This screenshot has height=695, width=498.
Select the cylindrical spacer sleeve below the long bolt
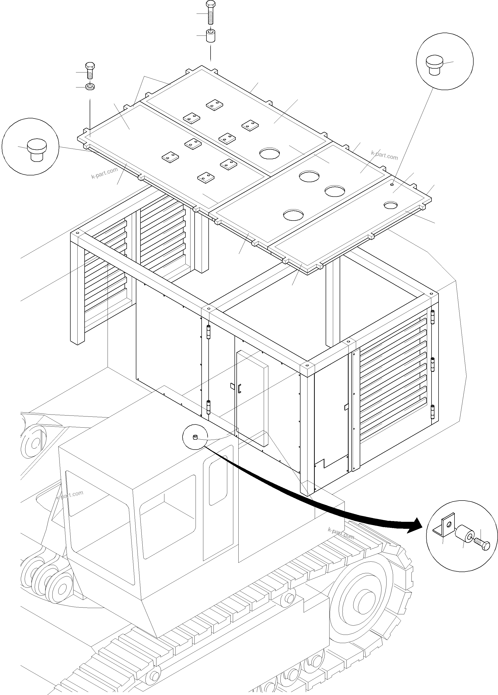pyautogui.click(x=210, y=36)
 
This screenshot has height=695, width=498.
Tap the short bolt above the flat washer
pyautogui.click(x=90, y=71)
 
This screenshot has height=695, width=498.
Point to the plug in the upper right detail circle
pyautogui.click(x=434, y=64)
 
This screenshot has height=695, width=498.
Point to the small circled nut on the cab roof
pyautogui.click(x=194, y=437)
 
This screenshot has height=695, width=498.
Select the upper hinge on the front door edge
pyautogui.click(x=209, y=332)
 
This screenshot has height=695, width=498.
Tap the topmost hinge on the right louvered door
pyautogui.click(x=433, y=317)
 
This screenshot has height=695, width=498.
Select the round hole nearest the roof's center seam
pyautogui.click(x=270, y=153)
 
